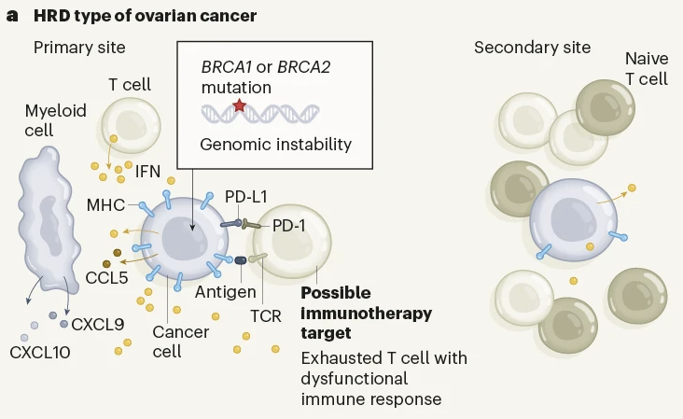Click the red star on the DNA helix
click(x=239, y=106)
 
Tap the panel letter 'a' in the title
click(x=11, y=16)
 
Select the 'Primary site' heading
click(x=79, y=48)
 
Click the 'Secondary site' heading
click(x=532, y=48)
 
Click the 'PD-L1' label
click(x=247, y=197)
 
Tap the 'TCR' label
click(x=266, y=315)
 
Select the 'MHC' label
click(x=105, y=204)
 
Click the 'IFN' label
click(x=148, y=172)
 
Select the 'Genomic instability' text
click(x=276, y=144)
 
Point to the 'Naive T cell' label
click(x=646, y=69)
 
